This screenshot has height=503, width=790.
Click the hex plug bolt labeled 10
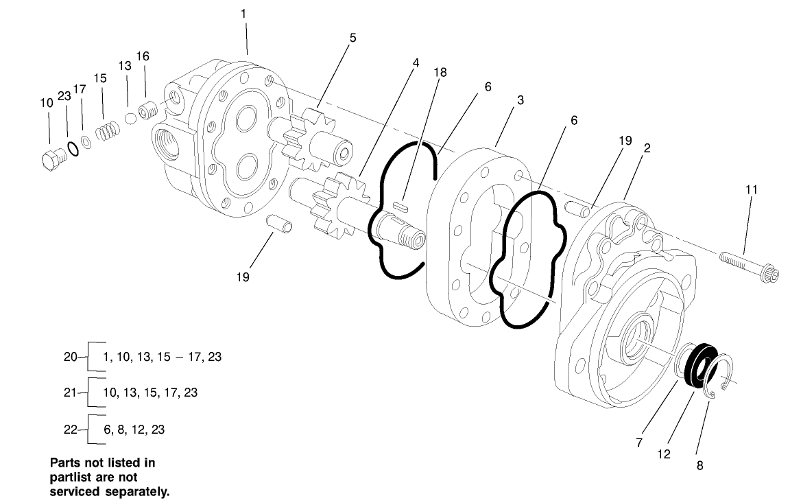tap(50, 160)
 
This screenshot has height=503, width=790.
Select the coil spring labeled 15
tap(105, 130)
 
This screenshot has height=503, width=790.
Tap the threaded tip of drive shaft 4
tap(414, 241)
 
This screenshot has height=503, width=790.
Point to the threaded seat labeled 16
tap(146, 109)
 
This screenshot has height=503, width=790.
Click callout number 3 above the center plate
tap(520, 100)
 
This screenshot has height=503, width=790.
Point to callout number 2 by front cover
tap(647, 148)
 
